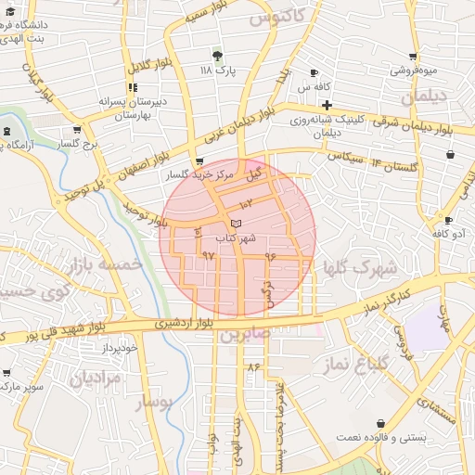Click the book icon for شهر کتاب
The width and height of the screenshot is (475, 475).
point(236,224)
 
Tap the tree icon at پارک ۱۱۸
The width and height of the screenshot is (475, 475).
point(217,56)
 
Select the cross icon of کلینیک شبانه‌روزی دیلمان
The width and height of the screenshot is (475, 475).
point(327,106)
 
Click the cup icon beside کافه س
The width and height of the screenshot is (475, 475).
point(315,72)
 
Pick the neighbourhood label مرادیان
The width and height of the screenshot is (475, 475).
point(96,379)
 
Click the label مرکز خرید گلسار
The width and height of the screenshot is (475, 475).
point(191,174)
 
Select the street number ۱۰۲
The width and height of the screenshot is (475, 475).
point(245,203)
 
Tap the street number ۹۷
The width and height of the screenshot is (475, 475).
point(208,253)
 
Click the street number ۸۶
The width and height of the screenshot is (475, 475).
point(253,367)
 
